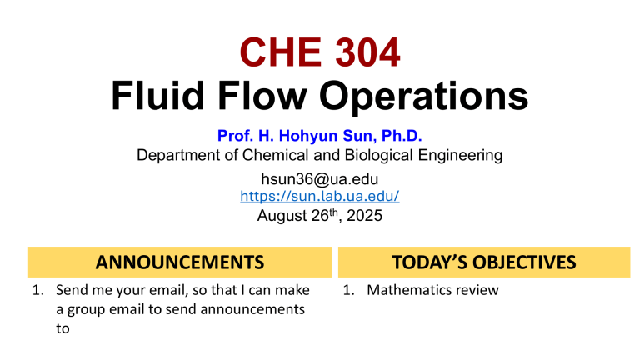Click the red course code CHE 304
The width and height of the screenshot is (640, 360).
click(x=320, y=52)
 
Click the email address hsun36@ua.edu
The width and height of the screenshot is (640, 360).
click(x=320, y=178)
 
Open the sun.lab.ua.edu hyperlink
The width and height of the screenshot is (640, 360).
click(x=320, y=197)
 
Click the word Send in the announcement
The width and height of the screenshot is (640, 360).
click(x=72, y=291)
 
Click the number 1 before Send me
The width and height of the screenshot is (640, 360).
click(x=37, y=291)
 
